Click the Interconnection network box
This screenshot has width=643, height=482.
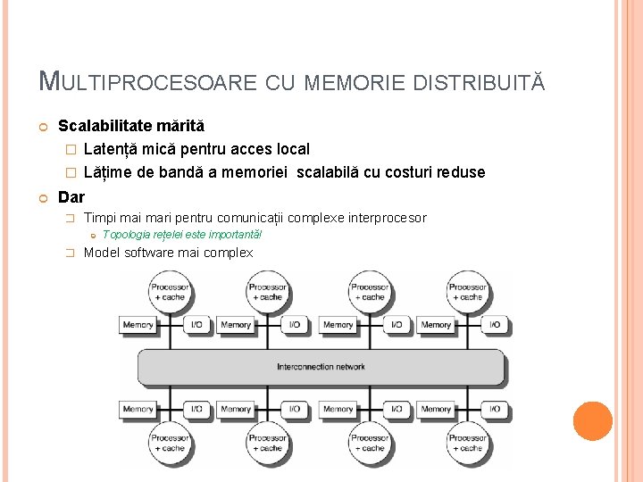(x=321, y=367)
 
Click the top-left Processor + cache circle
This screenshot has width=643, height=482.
(x=170, y=292)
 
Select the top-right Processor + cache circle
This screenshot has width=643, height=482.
(x=467, y=292)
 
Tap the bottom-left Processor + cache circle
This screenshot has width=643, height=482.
(x=170, y=443)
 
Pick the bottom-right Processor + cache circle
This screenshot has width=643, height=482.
(x=467, y=443)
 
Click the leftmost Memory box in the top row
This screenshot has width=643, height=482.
(x=138, y=325)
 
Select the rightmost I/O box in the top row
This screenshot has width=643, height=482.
(x=494, y=325)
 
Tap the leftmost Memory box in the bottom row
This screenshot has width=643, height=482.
(x=138, y=409)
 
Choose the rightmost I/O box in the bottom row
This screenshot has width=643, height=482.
(x=494, y=409)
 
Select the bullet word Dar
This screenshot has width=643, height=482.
(x=71, y=196)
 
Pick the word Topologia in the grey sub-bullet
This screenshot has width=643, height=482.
(x=128, y=235)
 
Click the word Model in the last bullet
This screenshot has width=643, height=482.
(x=101, y=253)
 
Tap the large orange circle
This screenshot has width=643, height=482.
(x=593, y=421)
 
